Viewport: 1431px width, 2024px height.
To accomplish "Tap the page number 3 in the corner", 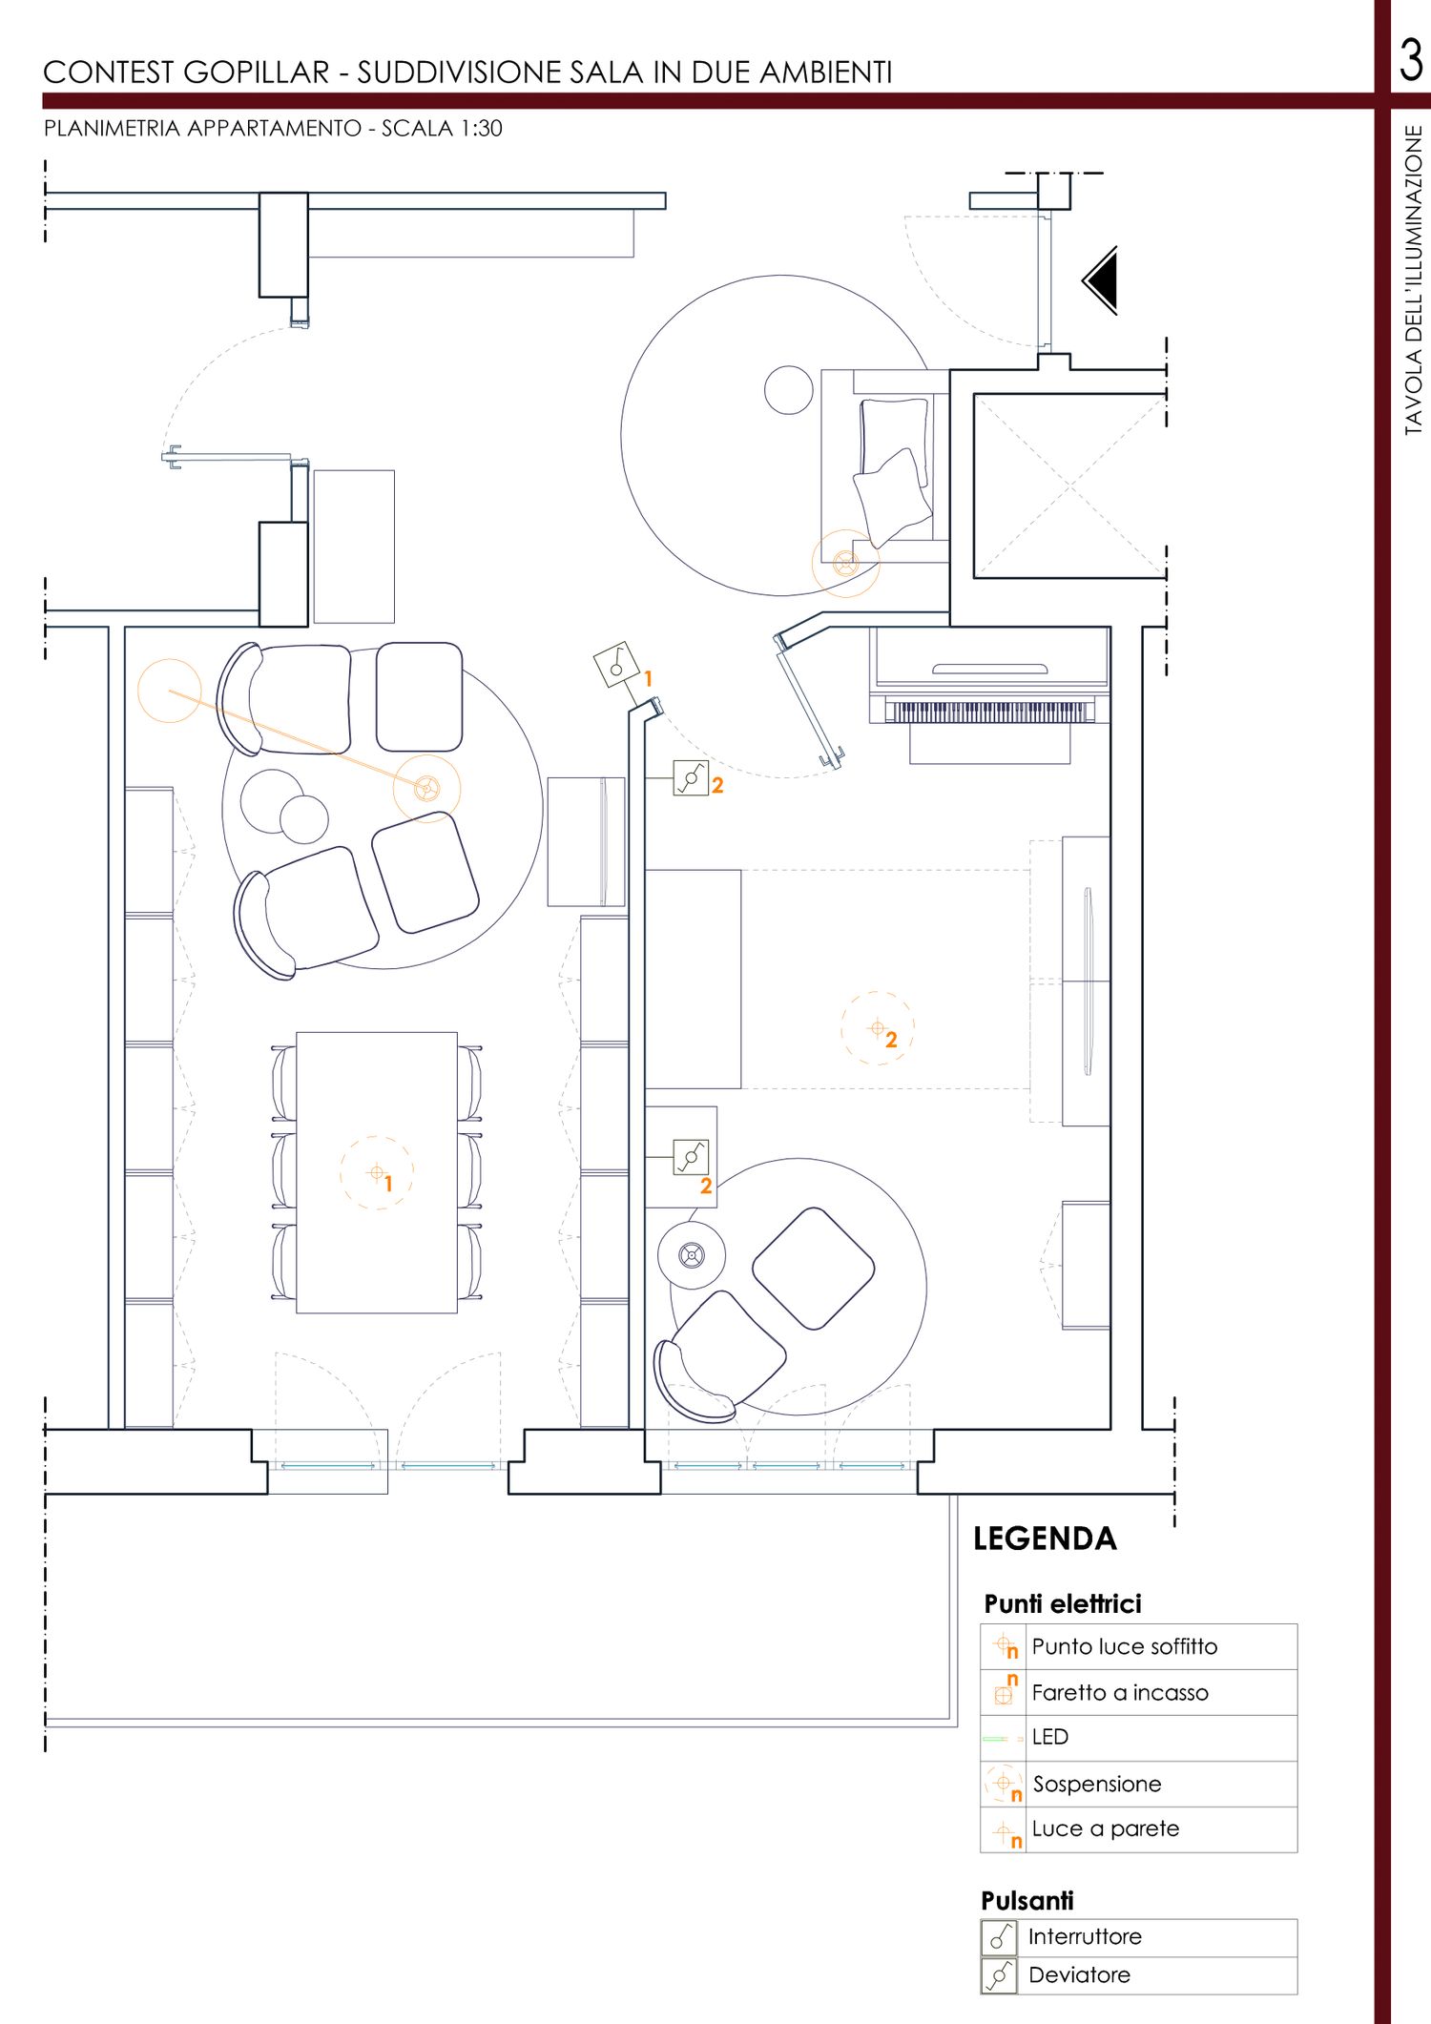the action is pos(1411,60).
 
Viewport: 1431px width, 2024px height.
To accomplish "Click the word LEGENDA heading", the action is pos(1045,1539).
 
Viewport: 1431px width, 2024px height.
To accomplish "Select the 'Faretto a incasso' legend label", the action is pos(1120,1692).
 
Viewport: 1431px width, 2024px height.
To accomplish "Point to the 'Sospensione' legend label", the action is pos(1097,1784).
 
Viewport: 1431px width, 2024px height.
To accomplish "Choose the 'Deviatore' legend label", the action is pos(1079,1974).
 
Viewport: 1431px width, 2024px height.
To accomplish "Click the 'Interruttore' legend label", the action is pos(1085,1936).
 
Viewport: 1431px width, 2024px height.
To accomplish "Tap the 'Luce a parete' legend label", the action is pos(1106,1828).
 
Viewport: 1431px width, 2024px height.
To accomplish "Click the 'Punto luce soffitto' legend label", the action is pos(1125,1646).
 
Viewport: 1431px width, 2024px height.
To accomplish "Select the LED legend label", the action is pos(1049,1737).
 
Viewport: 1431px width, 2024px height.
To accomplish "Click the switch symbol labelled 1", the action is pos(615,665).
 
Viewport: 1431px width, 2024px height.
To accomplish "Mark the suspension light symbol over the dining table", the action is pos(377,1172).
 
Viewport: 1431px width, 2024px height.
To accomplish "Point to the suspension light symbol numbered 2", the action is pos(878,1028).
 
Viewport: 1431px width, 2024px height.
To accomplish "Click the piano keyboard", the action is pos(988,711).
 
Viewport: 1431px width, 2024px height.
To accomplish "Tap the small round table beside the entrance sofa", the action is pos(789,390).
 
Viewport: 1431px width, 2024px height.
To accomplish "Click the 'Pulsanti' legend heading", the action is pos(1027,1901).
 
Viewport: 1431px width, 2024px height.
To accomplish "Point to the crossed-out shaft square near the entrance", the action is pos(1069,485).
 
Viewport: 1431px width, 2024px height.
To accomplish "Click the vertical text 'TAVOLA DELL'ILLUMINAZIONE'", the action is pos(1413,280).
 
